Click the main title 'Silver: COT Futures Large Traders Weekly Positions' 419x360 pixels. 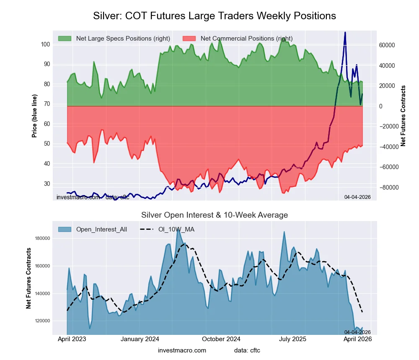pyautogui.click(x=214, y=16)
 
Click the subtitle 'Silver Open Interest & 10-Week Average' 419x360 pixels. pyautogui.click(x=214, y=215)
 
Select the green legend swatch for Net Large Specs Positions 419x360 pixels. pyautogui.click(x=65, y=39)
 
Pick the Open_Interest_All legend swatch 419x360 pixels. pyautogui.click(x=65, y=229)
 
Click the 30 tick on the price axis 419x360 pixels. pyautogui.click(x=47, y=184)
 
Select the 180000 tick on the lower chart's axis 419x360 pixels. pyautogui.click(x=42, y=239)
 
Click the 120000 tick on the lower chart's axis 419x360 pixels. pyautogui.click(x=42, y=321)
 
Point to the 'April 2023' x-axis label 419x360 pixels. pyautogui.click(x=72, y=339)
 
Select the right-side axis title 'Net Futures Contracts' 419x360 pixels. pyautogui.click(x=403, y=116)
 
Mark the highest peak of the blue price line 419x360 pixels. pyautogui.click(x=345, y=32)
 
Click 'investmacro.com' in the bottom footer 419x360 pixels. pyautogui.click(x=182, y=350)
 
